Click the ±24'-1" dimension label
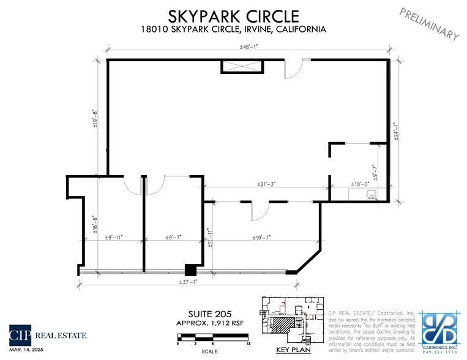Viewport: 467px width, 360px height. click(x=396, y=131)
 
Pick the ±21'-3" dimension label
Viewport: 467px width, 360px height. click(x=266, y=184)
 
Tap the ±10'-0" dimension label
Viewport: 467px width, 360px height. click(x=361, y=184)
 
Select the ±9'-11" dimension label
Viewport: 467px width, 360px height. click(x=114, y=238)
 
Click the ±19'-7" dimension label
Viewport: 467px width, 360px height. click(x=261, y=238)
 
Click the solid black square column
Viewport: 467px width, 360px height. click(x=191, y=269)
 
